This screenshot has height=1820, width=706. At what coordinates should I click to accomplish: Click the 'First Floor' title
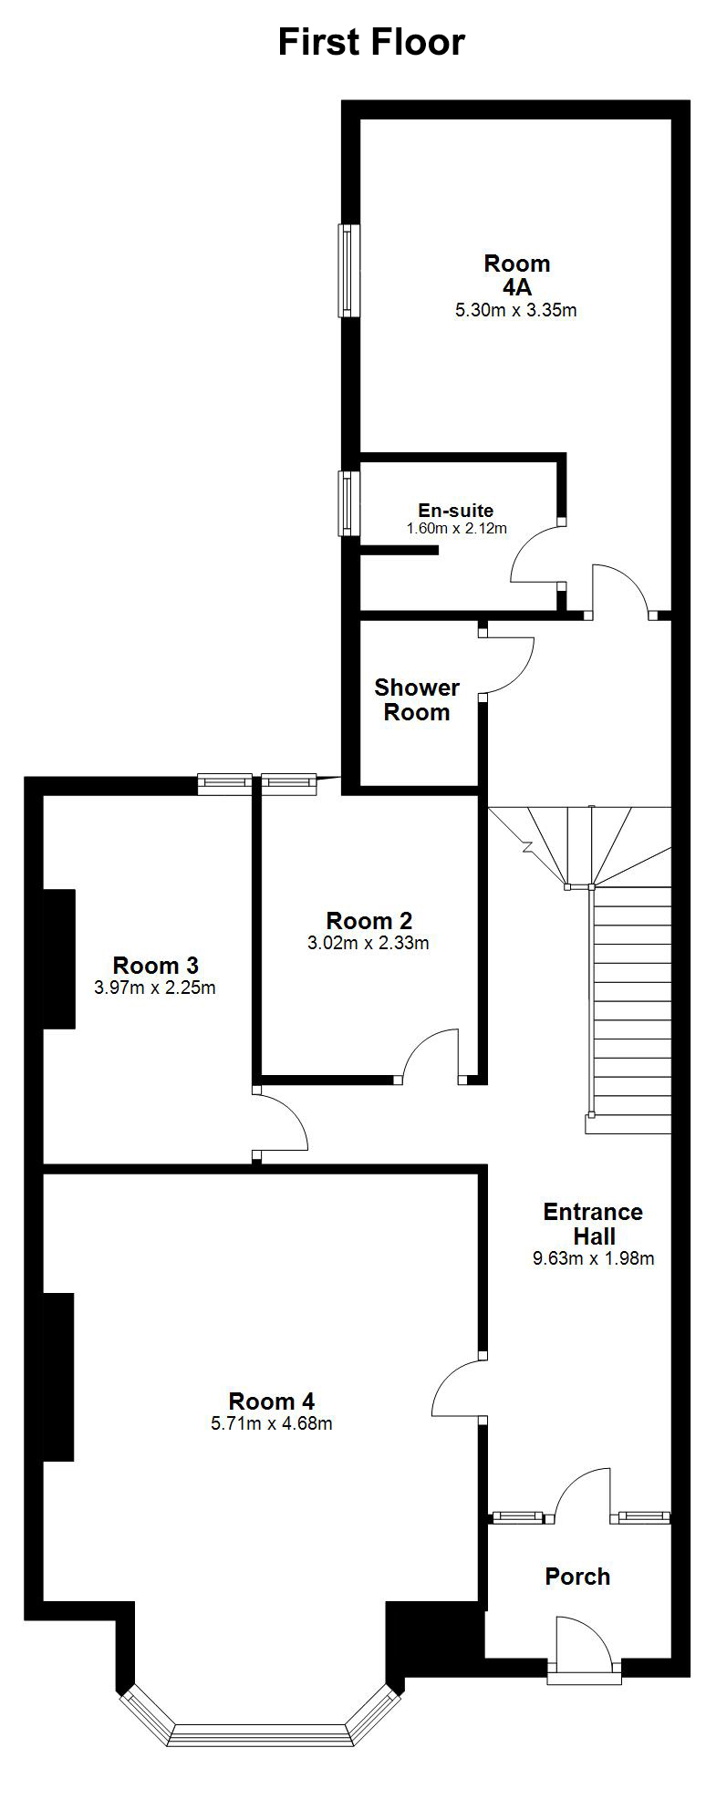click(371, 42)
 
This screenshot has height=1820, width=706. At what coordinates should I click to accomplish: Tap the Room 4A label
click(516, 275)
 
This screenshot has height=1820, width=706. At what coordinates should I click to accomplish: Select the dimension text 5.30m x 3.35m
click(516, 310)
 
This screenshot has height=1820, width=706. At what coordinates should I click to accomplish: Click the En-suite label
click(456, 511)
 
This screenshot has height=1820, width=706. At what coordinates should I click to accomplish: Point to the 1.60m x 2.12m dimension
click(456, 528)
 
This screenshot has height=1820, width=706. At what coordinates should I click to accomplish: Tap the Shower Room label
click(417, 699)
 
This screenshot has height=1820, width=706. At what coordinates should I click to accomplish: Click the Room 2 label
click(369, 921)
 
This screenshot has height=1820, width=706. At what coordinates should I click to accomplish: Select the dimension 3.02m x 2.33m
click(369, 943)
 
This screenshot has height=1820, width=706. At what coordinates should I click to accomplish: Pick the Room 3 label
click(155, 965)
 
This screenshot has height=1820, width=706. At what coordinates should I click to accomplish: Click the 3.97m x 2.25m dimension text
click(155, 987)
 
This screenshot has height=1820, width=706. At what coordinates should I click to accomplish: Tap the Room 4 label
click(272, 1401)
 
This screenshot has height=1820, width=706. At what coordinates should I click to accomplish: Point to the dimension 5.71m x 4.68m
click(272, 1423)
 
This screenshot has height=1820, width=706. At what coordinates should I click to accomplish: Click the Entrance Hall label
click(593, 1224)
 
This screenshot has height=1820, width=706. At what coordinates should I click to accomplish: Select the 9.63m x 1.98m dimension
click(594, 1258)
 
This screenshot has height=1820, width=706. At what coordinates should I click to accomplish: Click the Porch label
click(577, 1577)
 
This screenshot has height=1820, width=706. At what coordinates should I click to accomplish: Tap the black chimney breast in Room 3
click(59, 959)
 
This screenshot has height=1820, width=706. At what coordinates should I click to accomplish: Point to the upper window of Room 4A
click(348, 271)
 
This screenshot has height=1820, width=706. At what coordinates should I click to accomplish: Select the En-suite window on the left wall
click(348, 503)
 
